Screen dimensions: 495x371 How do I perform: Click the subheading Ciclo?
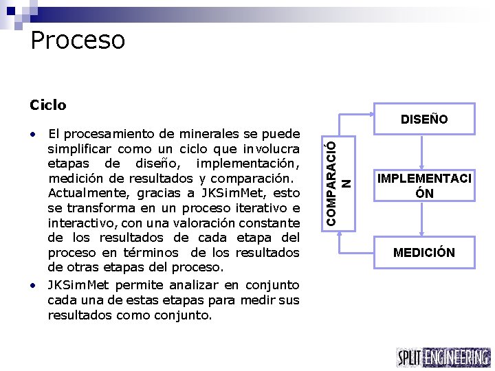(x=48, y=105)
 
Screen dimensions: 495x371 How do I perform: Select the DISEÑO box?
(x=424, y=120)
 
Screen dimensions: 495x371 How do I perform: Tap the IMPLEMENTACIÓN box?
(x=424, y=186)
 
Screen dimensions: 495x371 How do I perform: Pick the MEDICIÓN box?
(x=424, y=252)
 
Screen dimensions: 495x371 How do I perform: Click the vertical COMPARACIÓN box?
(x=339, y=177)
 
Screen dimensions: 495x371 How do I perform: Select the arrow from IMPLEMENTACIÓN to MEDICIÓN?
(x=424, y=218)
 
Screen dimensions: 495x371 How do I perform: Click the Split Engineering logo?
(x=443, y=357)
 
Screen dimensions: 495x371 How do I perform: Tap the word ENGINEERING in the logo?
(x=456, y=357)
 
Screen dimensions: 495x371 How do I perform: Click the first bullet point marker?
(x=34, y=133)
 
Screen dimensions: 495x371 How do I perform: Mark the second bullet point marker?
(x=34, y=284)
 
